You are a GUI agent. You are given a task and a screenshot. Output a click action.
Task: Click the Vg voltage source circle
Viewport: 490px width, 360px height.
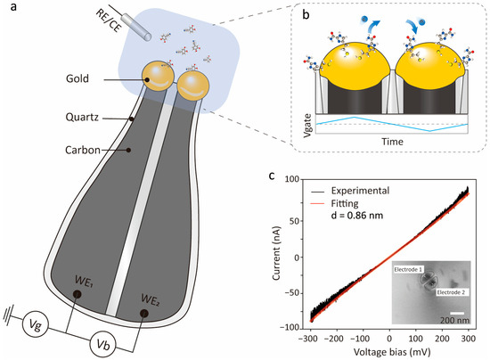tap(37, 325)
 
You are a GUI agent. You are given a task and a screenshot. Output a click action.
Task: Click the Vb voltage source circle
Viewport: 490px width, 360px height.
tap(102, 345)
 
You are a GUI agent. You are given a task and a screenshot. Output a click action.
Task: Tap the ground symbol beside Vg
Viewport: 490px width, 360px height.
tap(7, 316)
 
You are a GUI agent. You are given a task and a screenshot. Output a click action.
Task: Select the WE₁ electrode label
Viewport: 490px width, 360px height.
tap(84, 281)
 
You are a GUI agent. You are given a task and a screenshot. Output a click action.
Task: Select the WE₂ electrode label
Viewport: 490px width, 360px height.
tap(151, 300)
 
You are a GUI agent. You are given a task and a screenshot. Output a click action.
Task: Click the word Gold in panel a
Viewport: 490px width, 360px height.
tap(78, 78)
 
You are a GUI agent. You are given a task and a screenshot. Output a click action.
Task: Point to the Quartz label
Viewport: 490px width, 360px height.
tap(82, 118)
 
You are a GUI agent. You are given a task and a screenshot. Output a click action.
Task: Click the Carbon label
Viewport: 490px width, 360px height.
tap(83, 151)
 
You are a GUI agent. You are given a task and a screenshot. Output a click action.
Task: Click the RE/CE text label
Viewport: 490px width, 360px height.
tap(108, 20)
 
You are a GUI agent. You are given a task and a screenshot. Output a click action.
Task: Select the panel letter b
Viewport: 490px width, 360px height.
tap(306, 15)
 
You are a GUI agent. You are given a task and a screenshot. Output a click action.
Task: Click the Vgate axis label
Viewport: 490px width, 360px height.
tap(308, 126)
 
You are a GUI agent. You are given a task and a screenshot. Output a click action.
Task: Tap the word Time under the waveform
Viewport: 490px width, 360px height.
tap(392, 142)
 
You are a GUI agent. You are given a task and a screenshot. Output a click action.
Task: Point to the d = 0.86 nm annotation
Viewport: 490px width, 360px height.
tap(357, 216)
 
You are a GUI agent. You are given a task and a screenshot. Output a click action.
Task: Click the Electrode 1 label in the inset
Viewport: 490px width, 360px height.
tap(408, 269)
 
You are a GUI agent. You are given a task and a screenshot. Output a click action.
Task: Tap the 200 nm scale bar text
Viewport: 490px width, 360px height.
tap(454, 320)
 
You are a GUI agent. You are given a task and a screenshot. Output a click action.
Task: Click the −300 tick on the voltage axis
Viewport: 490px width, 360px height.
tap(310, 339)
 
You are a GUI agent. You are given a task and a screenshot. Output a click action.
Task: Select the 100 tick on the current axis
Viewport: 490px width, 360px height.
tap(292, 179)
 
